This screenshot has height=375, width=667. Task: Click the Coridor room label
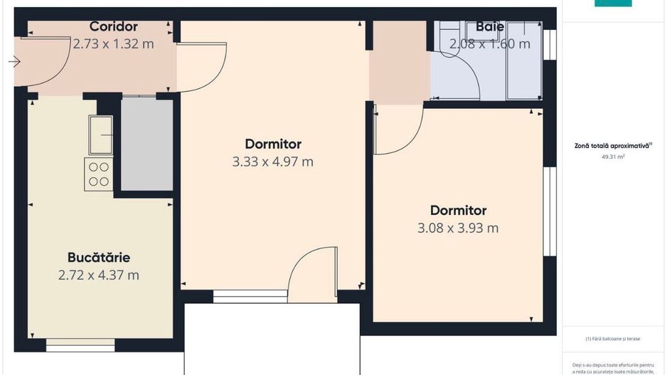point(113,27)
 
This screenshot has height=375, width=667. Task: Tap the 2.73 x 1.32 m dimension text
point(113,43)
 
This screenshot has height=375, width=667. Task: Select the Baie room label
point(490,27)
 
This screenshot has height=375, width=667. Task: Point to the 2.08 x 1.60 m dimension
point(489,43)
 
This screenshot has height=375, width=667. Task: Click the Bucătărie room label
point(99,257)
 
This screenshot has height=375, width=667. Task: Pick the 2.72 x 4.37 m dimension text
point(99,275)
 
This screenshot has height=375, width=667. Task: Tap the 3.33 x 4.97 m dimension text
point(272,162)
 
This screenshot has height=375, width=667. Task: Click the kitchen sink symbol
point(100,134)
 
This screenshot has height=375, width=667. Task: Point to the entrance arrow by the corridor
point(14,62)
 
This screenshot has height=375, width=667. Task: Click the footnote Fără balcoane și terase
point(612,339)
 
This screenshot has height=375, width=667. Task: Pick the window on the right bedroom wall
point(548,211)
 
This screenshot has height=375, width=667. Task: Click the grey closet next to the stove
point(146,144)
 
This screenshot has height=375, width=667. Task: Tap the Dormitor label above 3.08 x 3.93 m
point(458,211)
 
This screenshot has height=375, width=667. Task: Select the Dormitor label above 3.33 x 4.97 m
point(273,144)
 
